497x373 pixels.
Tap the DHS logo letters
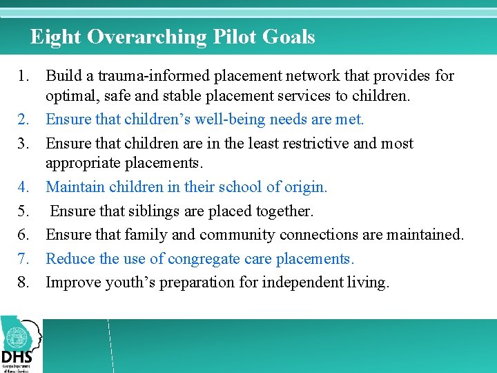click(x=17, y=356)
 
